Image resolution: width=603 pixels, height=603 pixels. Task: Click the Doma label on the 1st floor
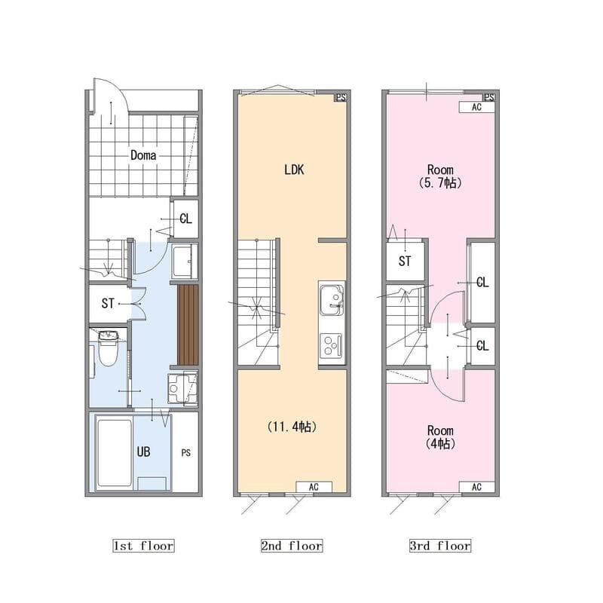click(x=143, y=155)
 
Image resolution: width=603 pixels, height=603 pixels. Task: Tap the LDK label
click(x=294, y=170)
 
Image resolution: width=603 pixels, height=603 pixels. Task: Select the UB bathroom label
click(x=143, y=451)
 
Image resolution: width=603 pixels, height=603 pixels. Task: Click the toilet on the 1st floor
click(x=108, y=347)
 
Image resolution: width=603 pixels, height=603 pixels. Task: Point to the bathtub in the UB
click(x=115, y=453)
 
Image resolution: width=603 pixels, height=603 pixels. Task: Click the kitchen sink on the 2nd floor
click(x=332, y=299)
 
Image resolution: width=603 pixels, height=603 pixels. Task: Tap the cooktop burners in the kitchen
click(x=331, y=345)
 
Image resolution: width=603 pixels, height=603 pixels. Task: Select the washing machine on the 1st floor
click(x=182, y=388)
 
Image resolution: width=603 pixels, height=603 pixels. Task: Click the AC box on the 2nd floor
click(x=314, y=487)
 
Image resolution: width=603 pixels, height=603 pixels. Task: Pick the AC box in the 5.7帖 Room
click(x=476, y=107)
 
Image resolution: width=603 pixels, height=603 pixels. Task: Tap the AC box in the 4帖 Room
click(x=476, y=487)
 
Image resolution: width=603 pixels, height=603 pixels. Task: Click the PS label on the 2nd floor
click(x=341, y=98)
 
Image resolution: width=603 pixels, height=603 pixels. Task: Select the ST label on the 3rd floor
click(x=405, y=262)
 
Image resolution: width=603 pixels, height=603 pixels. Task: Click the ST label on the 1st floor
click(x=108, y=304)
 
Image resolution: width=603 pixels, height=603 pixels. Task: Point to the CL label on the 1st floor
click(x=185, y=219)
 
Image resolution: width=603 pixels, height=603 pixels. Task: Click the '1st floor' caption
click(x=143, y=546)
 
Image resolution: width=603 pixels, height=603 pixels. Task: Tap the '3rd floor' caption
click(x=440, y=546)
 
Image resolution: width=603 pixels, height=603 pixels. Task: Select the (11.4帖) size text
click(x=292, y=427)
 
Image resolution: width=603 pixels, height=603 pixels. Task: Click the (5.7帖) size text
click(x=440, y=182)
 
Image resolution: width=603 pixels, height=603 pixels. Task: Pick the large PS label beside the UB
click(x=185, y=453)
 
